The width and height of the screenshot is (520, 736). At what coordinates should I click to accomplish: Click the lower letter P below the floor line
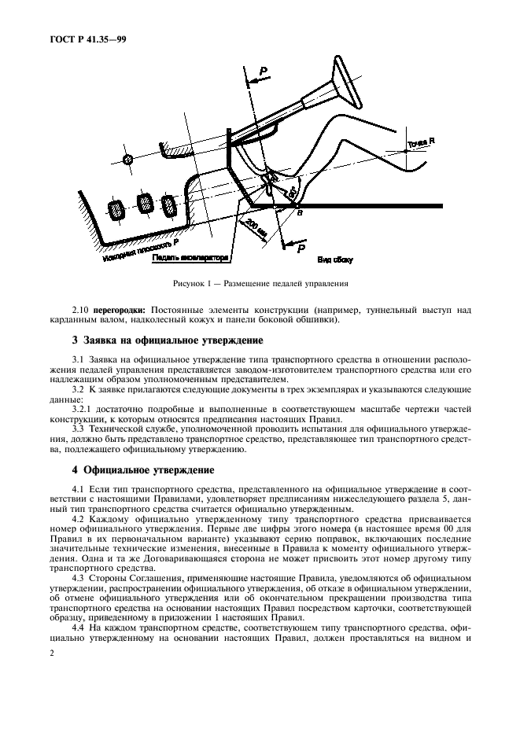coord(300,248)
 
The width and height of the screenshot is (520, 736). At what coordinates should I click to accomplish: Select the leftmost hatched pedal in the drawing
coord(116,211)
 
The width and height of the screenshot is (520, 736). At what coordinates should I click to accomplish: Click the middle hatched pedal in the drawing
coord(146,204)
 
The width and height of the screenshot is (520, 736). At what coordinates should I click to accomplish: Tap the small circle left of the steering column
coord(129,159)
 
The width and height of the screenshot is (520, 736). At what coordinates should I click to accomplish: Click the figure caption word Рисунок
coord(189,283)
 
